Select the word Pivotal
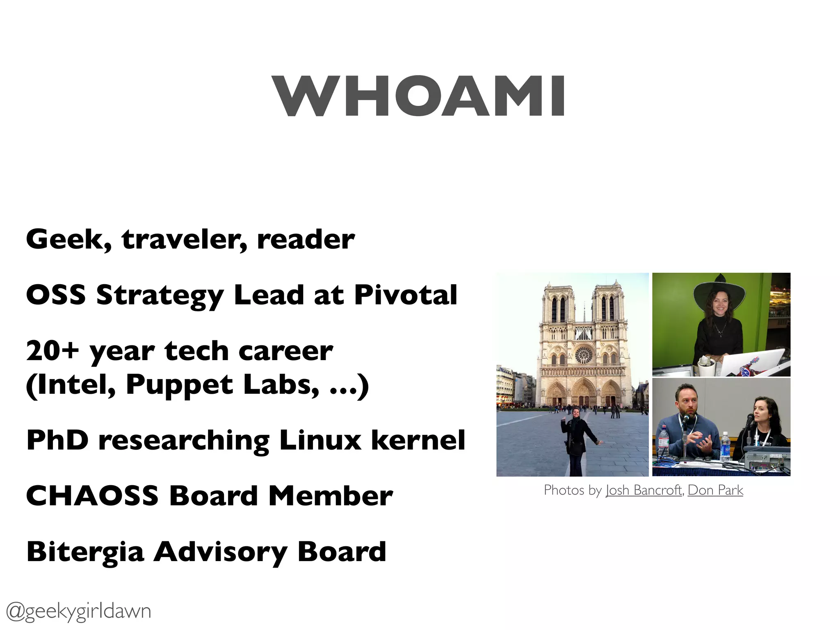coord(405,295)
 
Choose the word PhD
coord(57,440)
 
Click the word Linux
coord(320,440)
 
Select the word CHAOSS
coord(92,496)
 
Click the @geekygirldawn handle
coord(78,611)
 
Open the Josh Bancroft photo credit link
coord(644,490)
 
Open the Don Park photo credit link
coord(715,490)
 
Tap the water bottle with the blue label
coord(725,447)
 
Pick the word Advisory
coord(220,552)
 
